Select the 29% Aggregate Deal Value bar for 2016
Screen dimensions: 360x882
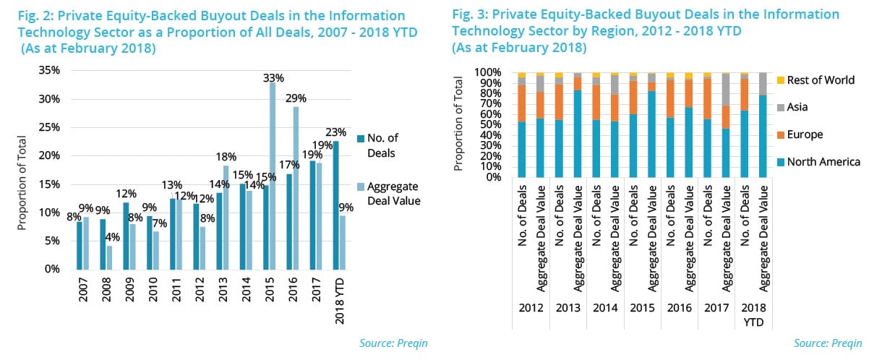tap(296, 188)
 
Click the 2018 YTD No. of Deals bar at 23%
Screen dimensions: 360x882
tap(335, 205)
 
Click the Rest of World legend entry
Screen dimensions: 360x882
tap(820, 80)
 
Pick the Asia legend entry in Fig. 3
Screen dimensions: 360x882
tap(797, 107)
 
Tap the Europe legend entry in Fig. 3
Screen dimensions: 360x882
tap(804, 134)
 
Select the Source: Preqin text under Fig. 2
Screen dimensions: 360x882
tap(393, 343)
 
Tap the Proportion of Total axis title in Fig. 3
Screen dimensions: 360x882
tap(458, 125)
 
